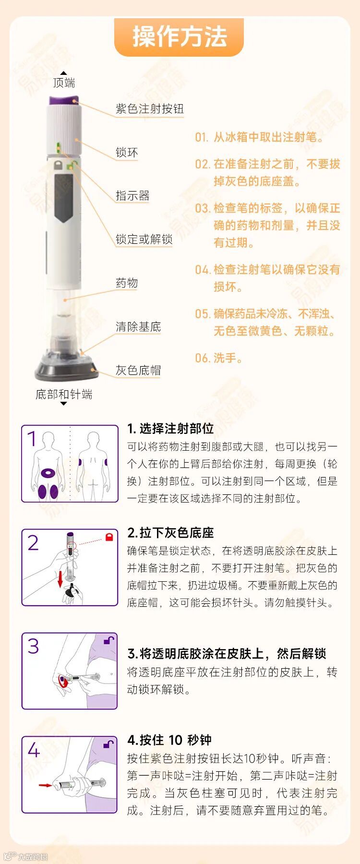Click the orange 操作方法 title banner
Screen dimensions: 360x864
pyautogui.click(x=179, y=37)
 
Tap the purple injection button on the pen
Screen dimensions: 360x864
pyautogui.click(x=63, y=100)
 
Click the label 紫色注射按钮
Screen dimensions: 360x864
pyautogui.click(x=149, y=109)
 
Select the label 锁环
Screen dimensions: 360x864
pyautogui.click(x=127, y=153)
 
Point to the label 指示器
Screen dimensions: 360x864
pyautogui.click(x=132, y=196)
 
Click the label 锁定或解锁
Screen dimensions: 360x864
pyautogui.click(x=144, y=239)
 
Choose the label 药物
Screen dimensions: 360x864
pyautogui.click(x=127, y=283)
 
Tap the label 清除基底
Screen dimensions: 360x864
pyautogui.click(x=138, y=327)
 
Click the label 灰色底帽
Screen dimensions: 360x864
pyautogui.click(x=138, y=370)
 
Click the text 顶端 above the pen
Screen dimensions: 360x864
pyautogui.click(x=64, y=83)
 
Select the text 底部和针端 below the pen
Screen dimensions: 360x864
pyautogui.click(x=64, y=395)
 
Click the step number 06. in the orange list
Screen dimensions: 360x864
pyautogui.click(x=202, y=358)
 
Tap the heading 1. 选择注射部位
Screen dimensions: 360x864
pyautogui.click(x=170, y=429)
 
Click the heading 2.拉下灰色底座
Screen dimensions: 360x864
pyautogui.click(x=170, y=533)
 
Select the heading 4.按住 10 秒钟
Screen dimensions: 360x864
pyautogui.click(x=169, y=740)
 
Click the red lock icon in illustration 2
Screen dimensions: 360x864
pyautogui.click(x=109, y=537)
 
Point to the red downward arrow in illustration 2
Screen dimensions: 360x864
pyautogui.click(x=60, y=579)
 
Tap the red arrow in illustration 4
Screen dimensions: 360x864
pyautogui.click(x=46, y=786)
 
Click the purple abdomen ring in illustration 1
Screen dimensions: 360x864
pyautogui.click(x=48, y=473)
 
